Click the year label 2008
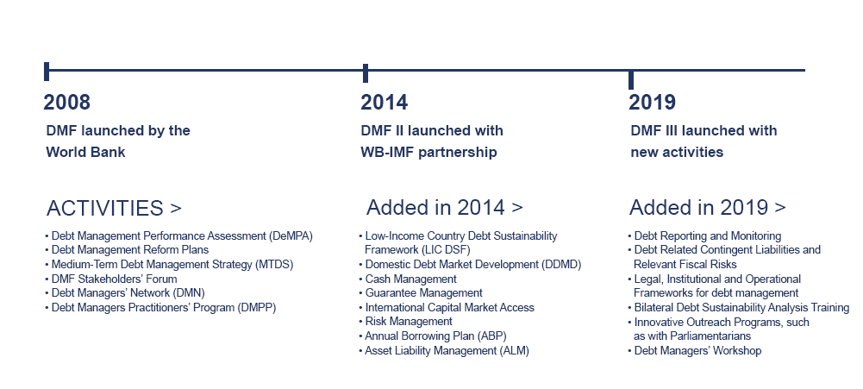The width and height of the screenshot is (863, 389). click(66, 103)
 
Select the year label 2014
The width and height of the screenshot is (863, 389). click(385, 103)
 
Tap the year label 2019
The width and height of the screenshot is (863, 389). click(652, 103)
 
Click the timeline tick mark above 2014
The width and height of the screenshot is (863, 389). click(366, 73)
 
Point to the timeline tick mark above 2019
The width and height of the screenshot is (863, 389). click(631, 79)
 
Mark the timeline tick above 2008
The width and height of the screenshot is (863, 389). click(47, 72)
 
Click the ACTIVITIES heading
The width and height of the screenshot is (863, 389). click(114, 208)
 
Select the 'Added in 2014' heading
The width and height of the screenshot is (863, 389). click(445, 208)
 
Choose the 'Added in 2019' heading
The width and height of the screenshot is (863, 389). click(708, 208)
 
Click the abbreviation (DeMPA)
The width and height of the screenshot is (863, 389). click(291, 236)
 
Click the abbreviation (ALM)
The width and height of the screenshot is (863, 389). click(514, 351)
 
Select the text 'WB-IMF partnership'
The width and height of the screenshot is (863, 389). click(428, 153)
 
